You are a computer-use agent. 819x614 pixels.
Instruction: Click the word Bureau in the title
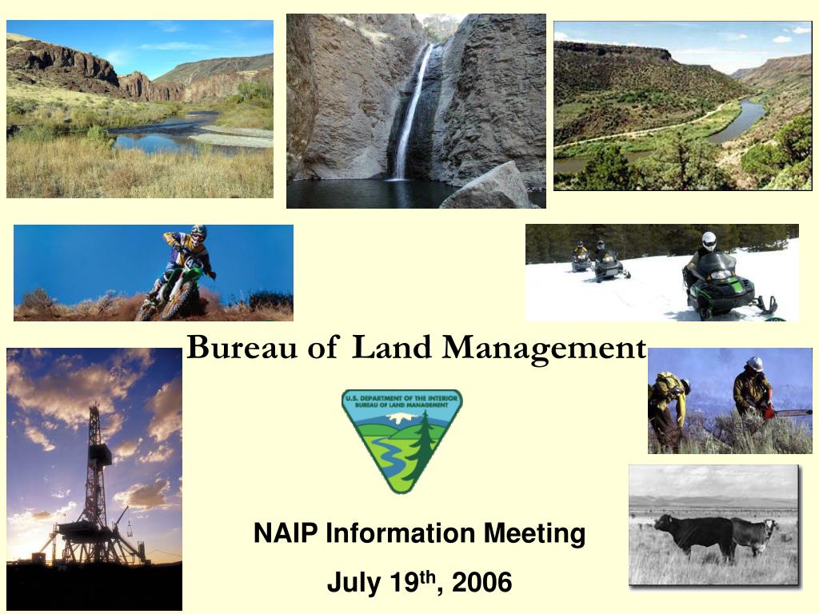click(x=227, y=347)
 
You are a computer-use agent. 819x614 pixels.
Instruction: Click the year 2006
click(x=481, y=584)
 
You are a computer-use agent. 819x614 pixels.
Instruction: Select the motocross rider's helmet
click(x=198, y=233)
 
